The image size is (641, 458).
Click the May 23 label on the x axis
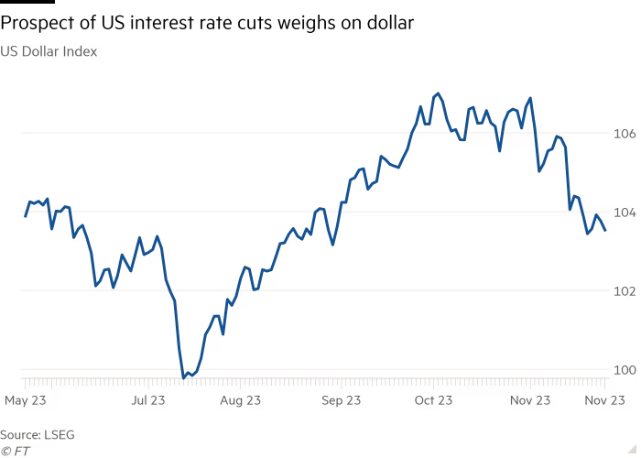pos(26,400)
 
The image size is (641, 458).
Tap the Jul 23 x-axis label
pos(148,400)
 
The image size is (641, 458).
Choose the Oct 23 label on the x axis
pos(433,400)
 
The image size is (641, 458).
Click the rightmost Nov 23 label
pos(605,400)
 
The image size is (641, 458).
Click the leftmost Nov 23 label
pos(530,400)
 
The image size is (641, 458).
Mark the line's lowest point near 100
pos(185,376)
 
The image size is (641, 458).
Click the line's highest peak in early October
pos(438,93)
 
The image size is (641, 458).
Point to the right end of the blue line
pos(605,231)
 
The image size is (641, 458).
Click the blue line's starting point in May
pos(25,217)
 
